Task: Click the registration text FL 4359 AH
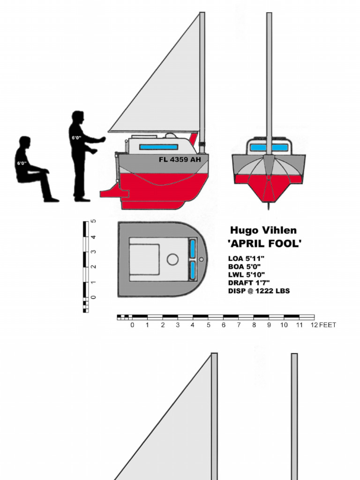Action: (x=180, y=159)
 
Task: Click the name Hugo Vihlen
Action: (x=263, y=230)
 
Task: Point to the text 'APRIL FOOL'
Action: (x=264, y=244)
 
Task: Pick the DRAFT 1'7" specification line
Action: (x=248, y=283)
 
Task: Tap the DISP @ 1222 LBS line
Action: (x=259, y=291)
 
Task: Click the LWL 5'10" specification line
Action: (x=247, y=275)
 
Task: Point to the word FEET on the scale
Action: (x=328, y=325)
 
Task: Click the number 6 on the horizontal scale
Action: (x=224, y=325)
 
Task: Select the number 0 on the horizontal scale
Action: (x=132, y=325)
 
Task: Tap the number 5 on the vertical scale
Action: (x=94, y=222)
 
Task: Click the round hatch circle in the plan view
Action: (x=172, y=259)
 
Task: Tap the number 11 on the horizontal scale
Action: (x=299, y=325)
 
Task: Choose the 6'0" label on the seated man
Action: (x=22, y=163)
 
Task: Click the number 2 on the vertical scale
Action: (x=94, y=267)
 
